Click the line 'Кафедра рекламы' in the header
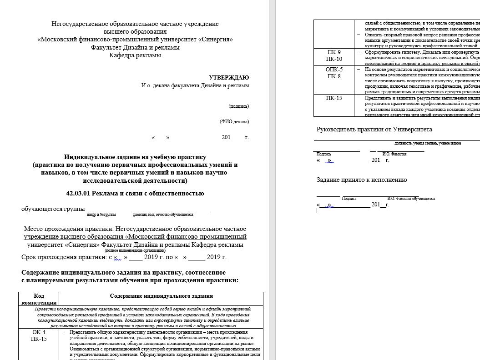(x=135, y=55)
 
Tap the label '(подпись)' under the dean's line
(x=239, y=106)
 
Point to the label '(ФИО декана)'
(x=234, y=121)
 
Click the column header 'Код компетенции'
(x=39, y=299)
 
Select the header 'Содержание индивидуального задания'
(x=161, y=296)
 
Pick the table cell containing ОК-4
(x=39, y=332)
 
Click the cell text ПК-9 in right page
(x=334, y=52)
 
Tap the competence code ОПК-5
(x=334, y=70)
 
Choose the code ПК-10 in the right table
(x=334, y=59)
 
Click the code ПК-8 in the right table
(x=334, y=76)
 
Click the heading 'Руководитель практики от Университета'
(x=374, y=130)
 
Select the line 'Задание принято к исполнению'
(x=362, y=180)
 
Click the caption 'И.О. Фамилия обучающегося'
(x=411, y=199)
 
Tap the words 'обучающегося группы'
(x=53, y=209)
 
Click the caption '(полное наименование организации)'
(x=135, y=250)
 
